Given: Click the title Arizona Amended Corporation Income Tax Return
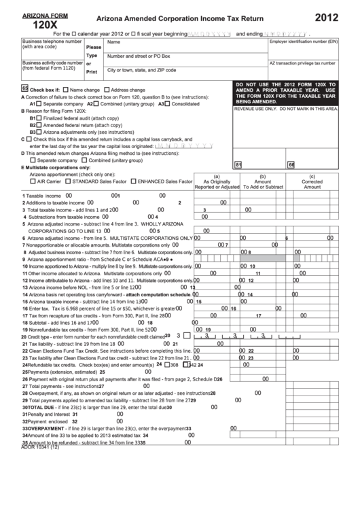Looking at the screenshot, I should [172, 21].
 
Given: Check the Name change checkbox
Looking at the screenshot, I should [66, 90].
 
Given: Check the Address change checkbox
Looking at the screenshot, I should [106, 90].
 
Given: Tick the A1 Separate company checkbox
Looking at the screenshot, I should [40, 104].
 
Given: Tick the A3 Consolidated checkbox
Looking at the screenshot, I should [168, 104].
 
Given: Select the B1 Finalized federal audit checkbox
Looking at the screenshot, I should [39, 118].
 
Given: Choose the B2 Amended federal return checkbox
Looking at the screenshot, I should [39, 125].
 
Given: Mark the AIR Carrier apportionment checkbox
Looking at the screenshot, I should [33, 181].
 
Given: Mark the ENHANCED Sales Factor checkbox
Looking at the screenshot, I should [133, 181].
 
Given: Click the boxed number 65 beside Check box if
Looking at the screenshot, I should [25, 89].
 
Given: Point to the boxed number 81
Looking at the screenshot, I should [238, 164].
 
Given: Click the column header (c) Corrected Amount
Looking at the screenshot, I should [312, 181].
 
